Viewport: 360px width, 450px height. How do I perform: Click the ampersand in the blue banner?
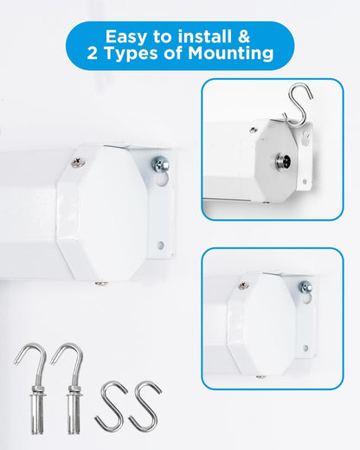[244, 36]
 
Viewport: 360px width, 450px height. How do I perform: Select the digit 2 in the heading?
[93, 53]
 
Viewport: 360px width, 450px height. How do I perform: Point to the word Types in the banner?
[131, 55]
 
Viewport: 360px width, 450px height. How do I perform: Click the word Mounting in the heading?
[230, 55]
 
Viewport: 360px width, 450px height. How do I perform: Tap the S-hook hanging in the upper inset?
[298, 105]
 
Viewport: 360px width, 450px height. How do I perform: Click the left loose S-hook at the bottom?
[112, 406]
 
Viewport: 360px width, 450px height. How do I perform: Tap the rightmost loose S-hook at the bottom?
[145, 406]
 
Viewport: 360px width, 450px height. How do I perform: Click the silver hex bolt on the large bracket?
[160, 164]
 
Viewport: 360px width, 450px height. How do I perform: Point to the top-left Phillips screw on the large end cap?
[78, 163]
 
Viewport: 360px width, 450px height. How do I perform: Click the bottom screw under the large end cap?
[102, 284]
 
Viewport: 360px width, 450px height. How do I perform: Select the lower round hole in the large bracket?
[161, 246]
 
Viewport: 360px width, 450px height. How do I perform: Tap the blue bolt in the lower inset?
[305, 287]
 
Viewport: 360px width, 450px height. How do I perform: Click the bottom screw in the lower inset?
[261, 376]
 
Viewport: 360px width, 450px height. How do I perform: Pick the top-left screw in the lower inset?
[244, 286]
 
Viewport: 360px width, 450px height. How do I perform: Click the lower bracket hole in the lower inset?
[306, 348]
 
